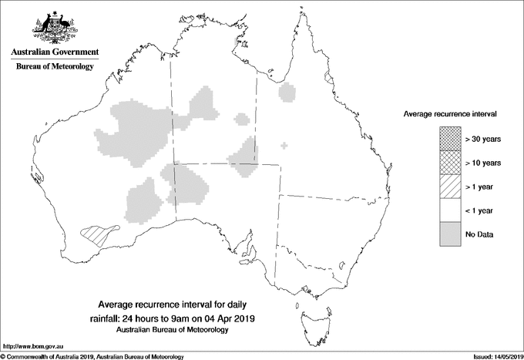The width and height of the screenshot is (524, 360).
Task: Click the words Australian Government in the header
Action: pos(55,52)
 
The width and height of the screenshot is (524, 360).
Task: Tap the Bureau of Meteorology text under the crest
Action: pos(55,67)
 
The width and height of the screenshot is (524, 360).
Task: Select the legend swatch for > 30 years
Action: pos(451,139)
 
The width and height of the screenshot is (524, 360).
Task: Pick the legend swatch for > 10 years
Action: pos(451,163)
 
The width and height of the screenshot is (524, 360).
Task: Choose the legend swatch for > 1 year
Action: pos(451,187)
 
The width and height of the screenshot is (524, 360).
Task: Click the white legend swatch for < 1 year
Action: pos(451,210)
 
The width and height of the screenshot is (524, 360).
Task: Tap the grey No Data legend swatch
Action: pos(451,234)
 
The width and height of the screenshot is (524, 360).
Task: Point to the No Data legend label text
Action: pos(479,234)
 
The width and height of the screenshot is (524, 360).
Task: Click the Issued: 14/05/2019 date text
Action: pos(492,356)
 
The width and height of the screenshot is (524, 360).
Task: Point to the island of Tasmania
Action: pos(307,316)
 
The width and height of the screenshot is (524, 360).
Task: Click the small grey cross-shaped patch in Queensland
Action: pos(285,145)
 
